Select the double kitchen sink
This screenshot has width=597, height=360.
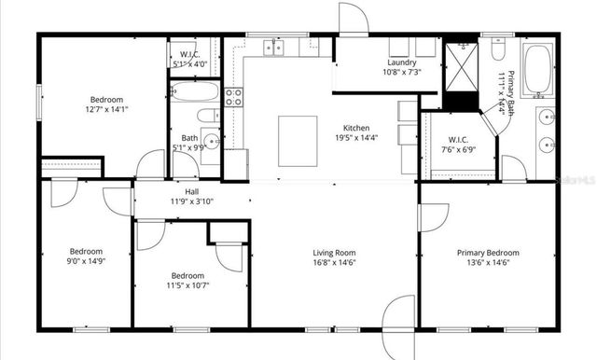[x=272, y=46]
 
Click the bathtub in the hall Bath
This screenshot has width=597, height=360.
[x=195, y=92]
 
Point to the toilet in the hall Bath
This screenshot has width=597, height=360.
[x=209, y=117]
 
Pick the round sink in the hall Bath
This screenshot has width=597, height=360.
[x=211, y=142]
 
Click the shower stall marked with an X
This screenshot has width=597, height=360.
[x=460, y=64]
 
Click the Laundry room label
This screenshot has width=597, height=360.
[x=401, y=62]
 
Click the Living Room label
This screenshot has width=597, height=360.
[x=334, y=252]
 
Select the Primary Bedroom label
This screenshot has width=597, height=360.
[x=488, y=252]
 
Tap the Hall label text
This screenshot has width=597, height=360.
[x=191, y=192]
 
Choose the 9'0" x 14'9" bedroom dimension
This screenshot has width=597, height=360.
[x=85, y=261]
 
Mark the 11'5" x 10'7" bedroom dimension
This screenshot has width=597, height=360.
[x=187, y=285]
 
